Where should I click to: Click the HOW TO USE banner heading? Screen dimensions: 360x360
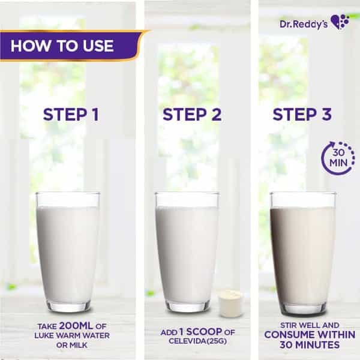tap(62, 46)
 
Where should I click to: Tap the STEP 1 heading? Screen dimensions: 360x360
tap(71, 115)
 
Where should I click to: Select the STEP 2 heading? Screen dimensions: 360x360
tap(192, 115)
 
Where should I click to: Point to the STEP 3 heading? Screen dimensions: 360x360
tap(302, 115)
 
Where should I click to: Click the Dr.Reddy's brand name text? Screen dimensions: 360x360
tap(304, 24)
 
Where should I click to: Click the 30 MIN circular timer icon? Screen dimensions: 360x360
tap(338, 157)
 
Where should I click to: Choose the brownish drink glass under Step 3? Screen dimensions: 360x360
tap(303, 253)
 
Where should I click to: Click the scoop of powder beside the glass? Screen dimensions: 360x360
tap(230, 303)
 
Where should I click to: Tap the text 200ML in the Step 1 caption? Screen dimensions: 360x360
tap(76, 326)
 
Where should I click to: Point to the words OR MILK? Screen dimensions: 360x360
tap(72, 345)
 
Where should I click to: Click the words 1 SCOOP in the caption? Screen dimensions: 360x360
tap(200, 332)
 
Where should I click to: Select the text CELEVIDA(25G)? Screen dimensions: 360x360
tap(197, 341)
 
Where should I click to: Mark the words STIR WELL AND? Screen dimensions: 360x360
tap(310, 325)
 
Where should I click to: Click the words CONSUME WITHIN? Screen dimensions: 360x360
tap(310, 335)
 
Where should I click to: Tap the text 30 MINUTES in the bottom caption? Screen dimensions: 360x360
tap(310, 345)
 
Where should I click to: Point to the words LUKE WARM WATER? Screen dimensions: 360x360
tap(72, 335)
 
